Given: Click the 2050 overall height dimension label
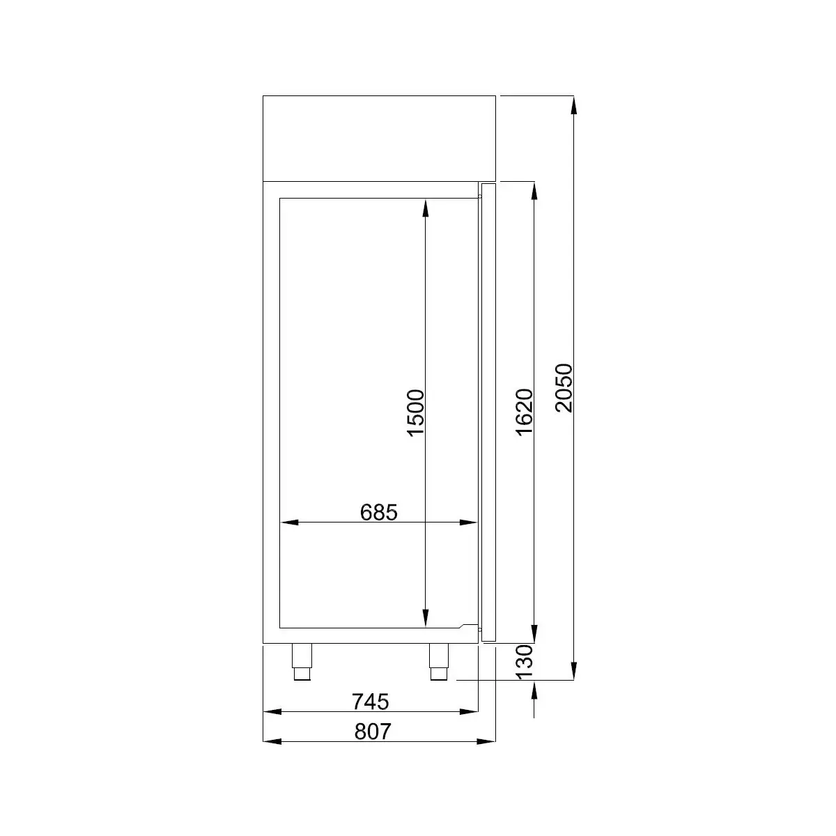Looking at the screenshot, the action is coord(564,388).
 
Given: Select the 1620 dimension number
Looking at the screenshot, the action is coord(524,412).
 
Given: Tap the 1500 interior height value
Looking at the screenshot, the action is coord(415,412).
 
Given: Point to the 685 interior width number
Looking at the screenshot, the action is coord(379,512).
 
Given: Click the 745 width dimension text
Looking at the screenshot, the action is coord(370,702).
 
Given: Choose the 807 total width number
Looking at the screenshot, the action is coord(373,732).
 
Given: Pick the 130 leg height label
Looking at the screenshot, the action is coord(524,662).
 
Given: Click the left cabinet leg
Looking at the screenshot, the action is coord(302,662).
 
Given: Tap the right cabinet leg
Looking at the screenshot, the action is coord(439,662).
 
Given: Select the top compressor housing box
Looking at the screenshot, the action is coord(379,139).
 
